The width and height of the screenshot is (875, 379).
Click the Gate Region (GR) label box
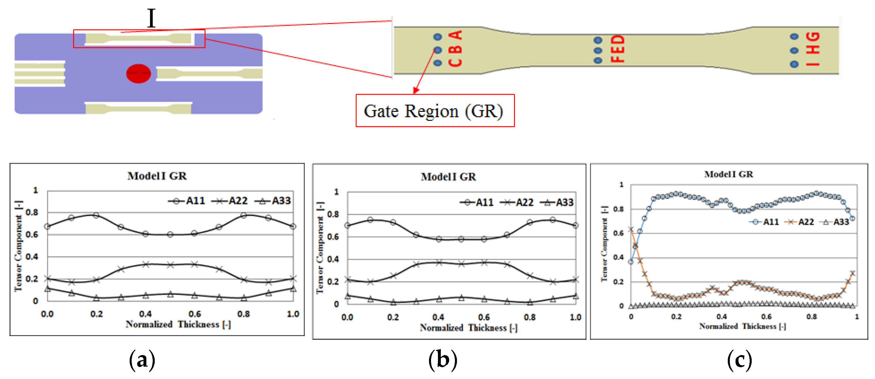pos(435,111)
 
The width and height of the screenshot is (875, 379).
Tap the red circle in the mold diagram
pos(138,73)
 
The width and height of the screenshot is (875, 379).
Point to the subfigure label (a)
pos(142,360)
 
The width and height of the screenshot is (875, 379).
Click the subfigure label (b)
pos(443,360)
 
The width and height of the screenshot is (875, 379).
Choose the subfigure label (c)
pos(740,360)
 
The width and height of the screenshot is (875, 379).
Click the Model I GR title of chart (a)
pos(157,176)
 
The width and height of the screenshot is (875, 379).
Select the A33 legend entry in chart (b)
pos(557,203)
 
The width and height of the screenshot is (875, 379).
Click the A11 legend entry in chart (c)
pos(764,222)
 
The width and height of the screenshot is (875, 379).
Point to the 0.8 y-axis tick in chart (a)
pos(32,212)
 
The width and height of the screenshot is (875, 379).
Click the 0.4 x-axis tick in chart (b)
pos(438,317)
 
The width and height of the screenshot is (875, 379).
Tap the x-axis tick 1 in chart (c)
pos(857,316)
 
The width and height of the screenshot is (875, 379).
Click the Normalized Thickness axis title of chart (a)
pos(178,324)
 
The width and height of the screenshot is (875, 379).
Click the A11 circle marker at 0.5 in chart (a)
pos(170,234)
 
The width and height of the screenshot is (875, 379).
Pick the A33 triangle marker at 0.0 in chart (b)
pos(347,296)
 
